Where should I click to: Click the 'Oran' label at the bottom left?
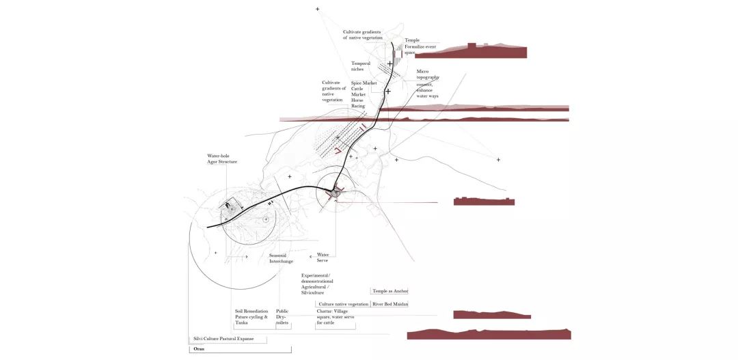[199, 349]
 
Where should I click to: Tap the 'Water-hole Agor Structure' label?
[222, 158]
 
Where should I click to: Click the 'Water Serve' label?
[323, 258]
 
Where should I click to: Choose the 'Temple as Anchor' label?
[389, 291]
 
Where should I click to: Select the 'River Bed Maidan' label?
[390, 303]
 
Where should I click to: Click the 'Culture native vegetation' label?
[344, 303]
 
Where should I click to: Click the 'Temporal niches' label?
[361, 66]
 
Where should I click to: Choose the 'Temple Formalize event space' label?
[420, 46]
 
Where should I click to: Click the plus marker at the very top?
[317, 9]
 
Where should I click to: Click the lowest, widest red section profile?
[489, 334]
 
